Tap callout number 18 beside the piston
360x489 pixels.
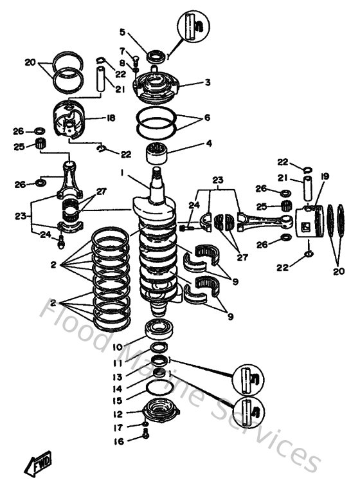[x=111, y=118]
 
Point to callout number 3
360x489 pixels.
[x=190, y=82]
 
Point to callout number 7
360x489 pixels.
[x=122, y=50]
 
